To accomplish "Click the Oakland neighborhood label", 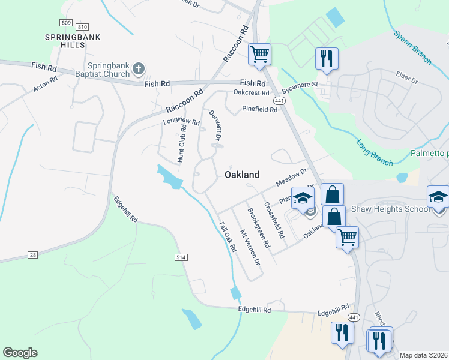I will point(242,175).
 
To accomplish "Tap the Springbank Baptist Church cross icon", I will point(139,68).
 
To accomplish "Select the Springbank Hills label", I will point(72,37).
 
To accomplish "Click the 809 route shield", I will point(66,23).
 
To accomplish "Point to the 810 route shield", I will point(82,27).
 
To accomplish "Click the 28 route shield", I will point(32,255).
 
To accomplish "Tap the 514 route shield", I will point(180,257).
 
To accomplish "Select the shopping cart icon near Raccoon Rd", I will point(259,54).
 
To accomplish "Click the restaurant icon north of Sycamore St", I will point(327,58).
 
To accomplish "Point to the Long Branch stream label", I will point(374,153).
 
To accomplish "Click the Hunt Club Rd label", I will point(182,144).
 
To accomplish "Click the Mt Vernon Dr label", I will point(250,247).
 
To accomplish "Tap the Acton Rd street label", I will point(45,83).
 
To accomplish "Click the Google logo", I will point(20,353).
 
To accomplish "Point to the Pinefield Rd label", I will point(259,109).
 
